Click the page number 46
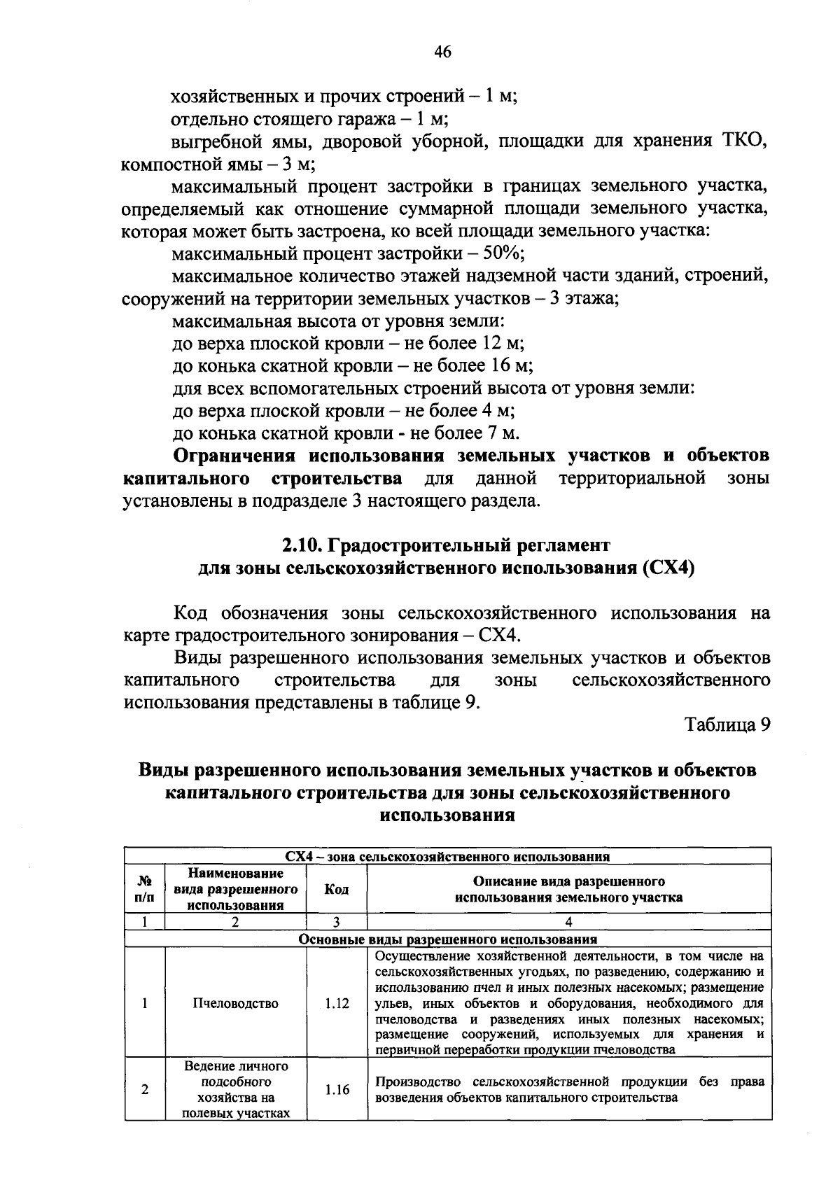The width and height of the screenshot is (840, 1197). pyautogui.click(x=442, y=52)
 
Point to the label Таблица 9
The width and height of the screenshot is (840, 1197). pyautogui.click(x=727, y=724)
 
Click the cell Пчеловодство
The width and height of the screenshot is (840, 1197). pyautogui.click(x=235, y=1003)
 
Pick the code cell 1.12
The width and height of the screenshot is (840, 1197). pyautogui.click(x=337, y=1003)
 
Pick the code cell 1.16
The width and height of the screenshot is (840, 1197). pyautogui.click(x=337, y=1090)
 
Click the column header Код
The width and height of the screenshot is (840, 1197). pyautogui.click(x=337, y=889)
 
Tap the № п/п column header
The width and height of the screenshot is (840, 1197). pyautogui.click(x=144, y=889)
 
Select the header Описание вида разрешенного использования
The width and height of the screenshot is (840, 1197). pyautogui.click(x=568, y=889)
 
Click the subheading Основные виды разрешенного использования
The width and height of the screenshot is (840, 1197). pyautogui.click(x=448, y=939)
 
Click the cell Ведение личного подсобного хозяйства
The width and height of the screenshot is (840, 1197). pyautogui.click(x=236, y=1090)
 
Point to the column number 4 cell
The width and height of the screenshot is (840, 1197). pyautogui.click(x=568, y=923)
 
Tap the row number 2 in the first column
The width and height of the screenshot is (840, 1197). pyautogui.click(x=144, y=1090)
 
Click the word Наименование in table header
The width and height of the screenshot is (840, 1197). pyautogui.click(x=236, y=874)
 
